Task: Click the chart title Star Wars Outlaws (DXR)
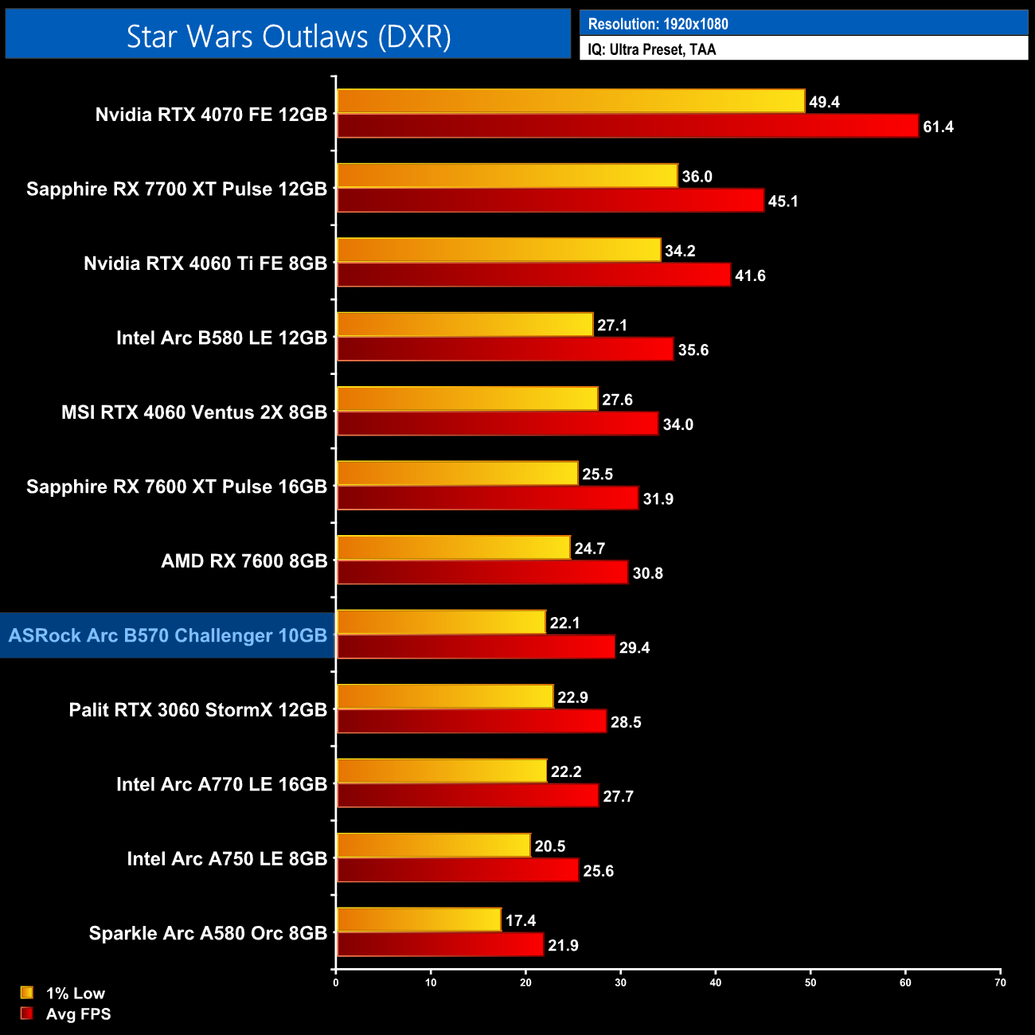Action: tap(288, 37)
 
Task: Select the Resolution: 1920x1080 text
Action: tap(658, 24)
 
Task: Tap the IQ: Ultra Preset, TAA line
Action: tap(651, 49)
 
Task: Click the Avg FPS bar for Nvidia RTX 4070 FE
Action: tap(627, 126)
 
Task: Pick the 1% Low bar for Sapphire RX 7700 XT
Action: tap(507, 176)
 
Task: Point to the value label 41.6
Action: tap(750, 275)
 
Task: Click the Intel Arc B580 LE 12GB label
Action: tap(221, 338)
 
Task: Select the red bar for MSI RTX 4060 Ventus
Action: tap(498, 424)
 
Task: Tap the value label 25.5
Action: tap(597, 475)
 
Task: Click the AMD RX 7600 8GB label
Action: tap(244, 560)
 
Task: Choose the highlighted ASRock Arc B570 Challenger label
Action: tap(168, 635)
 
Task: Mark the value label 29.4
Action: tap(635, 647)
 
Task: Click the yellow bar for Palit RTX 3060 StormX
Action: tap(445, 697)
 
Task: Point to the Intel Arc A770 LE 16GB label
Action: tap(221, 784)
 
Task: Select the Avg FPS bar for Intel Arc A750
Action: tap(458, 870)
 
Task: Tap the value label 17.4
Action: tap(521, 920)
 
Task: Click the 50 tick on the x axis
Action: tap(810, 982)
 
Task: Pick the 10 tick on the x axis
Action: tap(431, 982)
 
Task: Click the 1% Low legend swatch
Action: tap(27, 993)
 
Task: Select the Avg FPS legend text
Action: tap(78, 1014)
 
